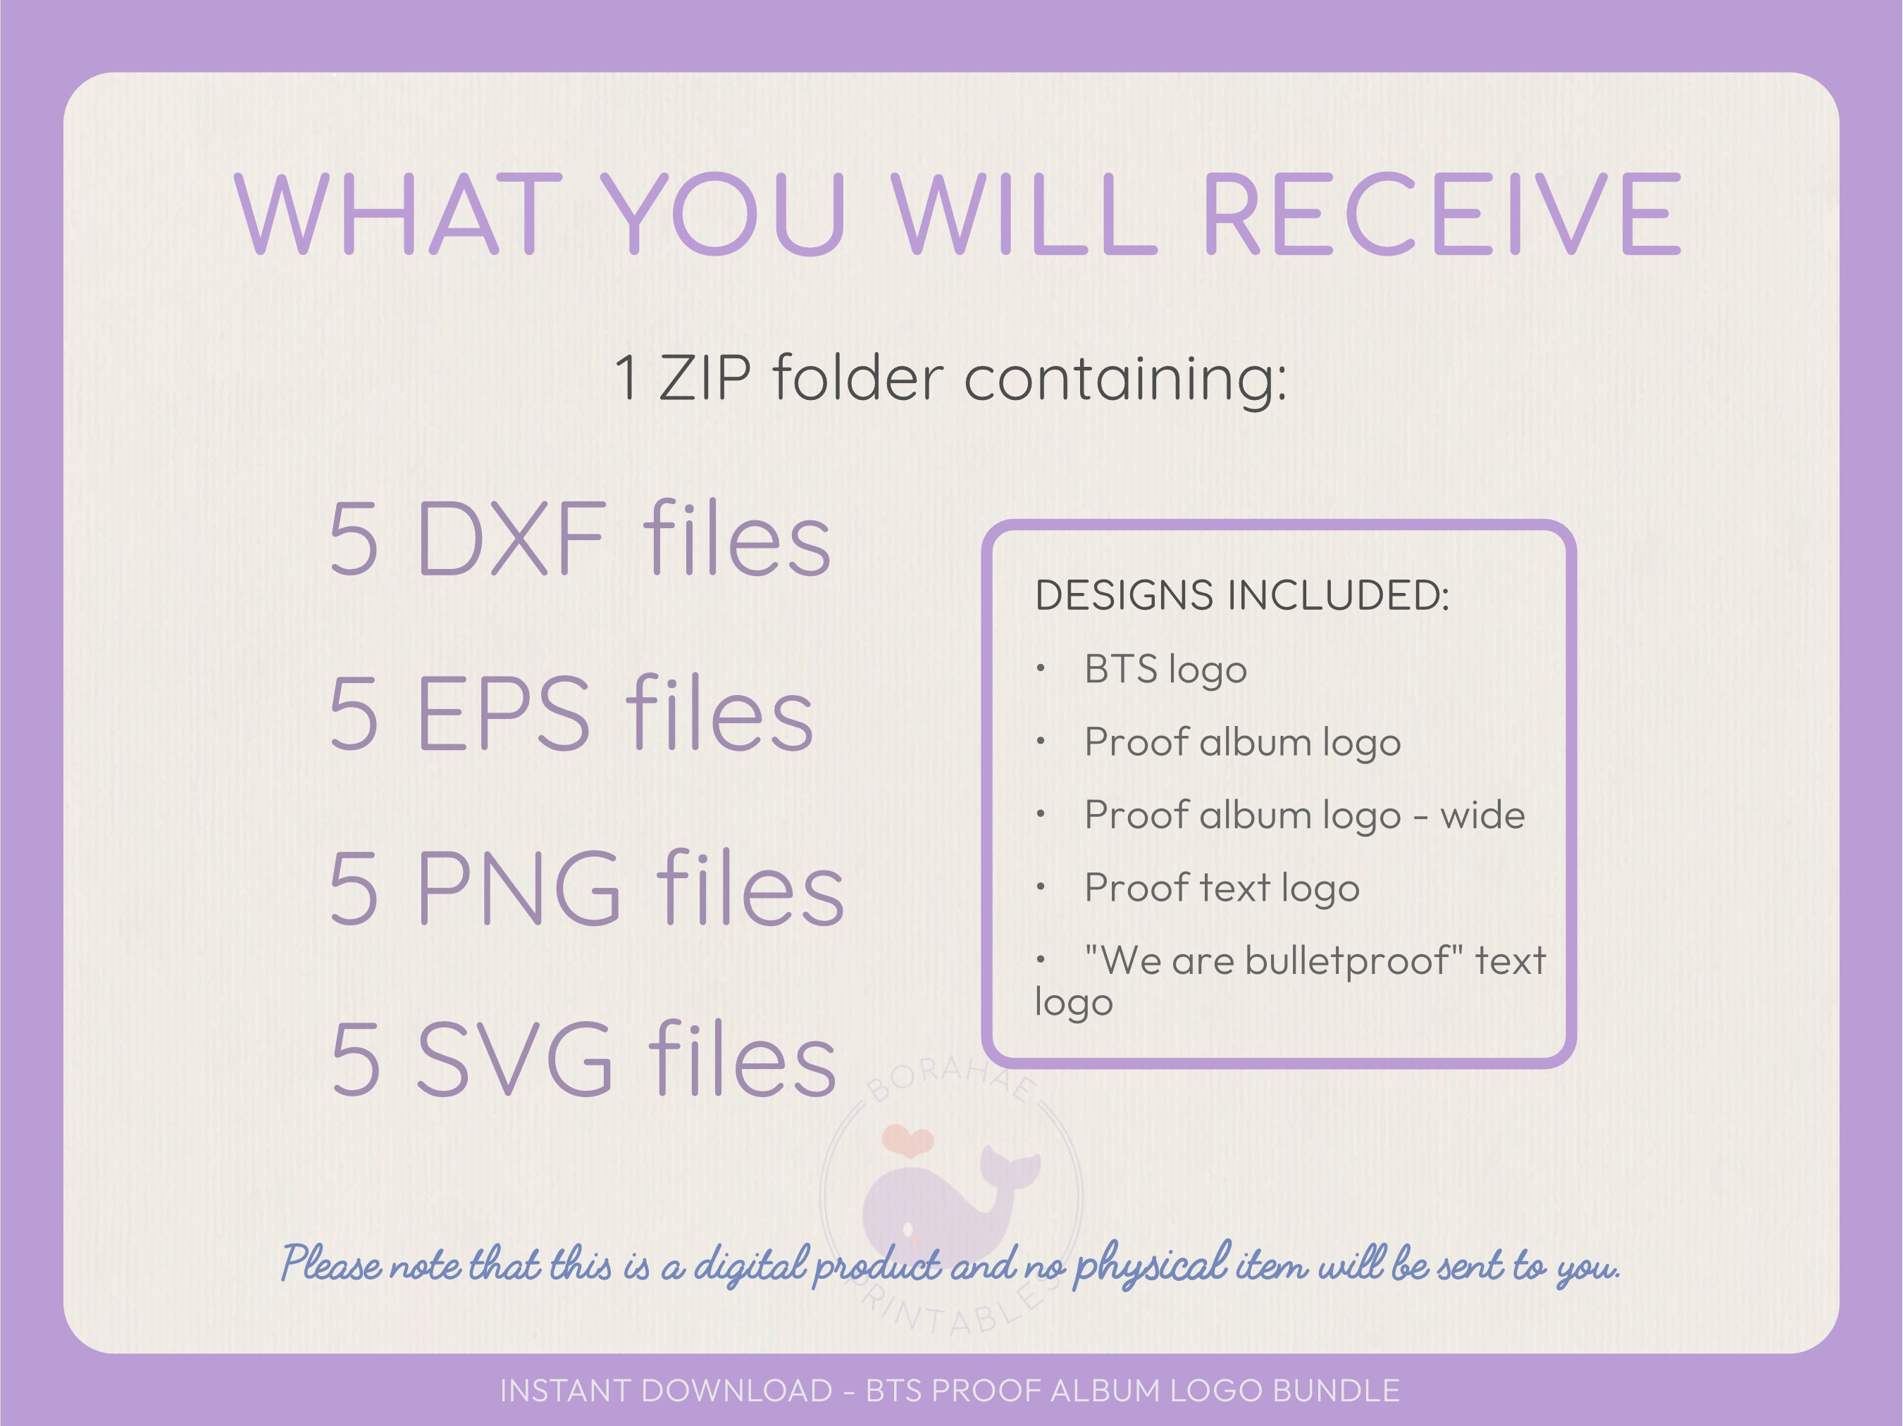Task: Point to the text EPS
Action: coord(503,714)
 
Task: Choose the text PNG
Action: coord(518,887)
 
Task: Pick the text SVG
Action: coord(514,1060)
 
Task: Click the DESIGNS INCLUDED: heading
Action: coord(1241,595)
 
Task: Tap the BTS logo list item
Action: coord(1165,670)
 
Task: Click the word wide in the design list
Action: coord(1482,815)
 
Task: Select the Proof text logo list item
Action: coord(1222,887)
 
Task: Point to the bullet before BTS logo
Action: coord(1040,668)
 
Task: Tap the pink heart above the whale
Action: coord(907,1141)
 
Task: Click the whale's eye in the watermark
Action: coord(907,1230)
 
